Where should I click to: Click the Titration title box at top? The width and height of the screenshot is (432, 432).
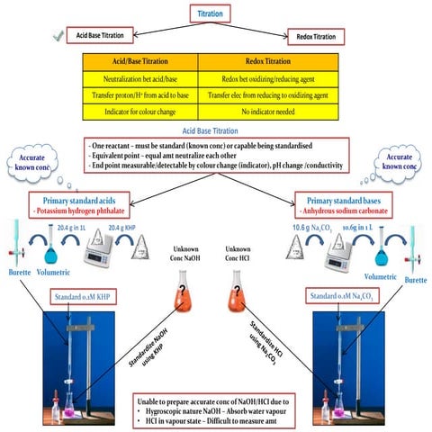pyautogui.click(x=216, y=13)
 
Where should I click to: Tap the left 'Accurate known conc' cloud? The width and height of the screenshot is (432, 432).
pyautogui.click(x=32, y=166)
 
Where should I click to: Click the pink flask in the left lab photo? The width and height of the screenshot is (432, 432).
pyautogui.click(x=52, y=413)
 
